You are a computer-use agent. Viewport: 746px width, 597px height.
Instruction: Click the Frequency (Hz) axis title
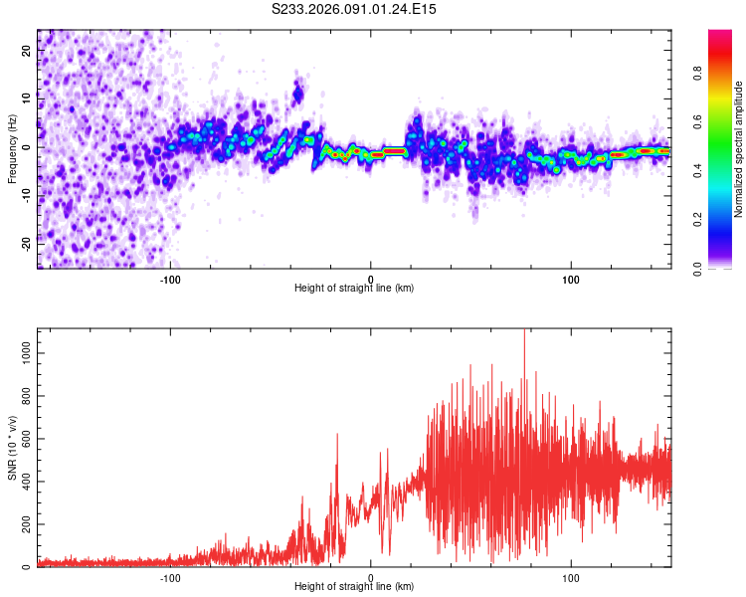coord(12,149)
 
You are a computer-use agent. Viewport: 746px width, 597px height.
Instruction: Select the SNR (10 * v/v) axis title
coord(12,448)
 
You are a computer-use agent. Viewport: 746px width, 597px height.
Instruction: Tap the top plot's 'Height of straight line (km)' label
coord(354,288)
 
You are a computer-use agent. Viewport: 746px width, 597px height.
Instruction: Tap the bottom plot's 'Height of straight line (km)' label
coord(354,586)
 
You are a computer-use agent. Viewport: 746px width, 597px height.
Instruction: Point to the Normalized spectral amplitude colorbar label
coord(739,149)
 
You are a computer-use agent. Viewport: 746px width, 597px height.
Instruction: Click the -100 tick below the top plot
coord(170,278)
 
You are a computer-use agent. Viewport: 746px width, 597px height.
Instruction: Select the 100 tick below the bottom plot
coord(571,576)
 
